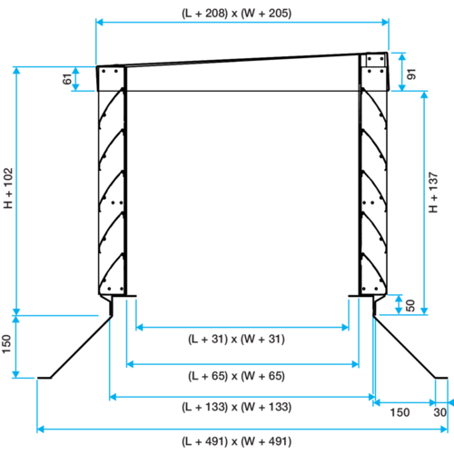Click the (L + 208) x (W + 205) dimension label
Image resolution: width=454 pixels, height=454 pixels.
click(x=236, y=14)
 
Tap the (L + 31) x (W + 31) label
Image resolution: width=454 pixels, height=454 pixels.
click(x=236, y=339)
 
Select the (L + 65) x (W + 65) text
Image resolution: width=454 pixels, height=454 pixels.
click(x=236, y=376)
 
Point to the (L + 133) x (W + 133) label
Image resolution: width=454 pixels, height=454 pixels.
click(x=236, y=407)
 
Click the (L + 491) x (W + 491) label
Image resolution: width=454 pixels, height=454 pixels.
click(x=236, y=441)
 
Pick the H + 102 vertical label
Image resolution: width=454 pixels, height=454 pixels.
click(x=8, y=188)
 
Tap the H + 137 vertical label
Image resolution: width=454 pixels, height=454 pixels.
click(x=433, y=192)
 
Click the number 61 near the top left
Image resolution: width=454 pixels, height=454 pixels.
click(x=67, y=79)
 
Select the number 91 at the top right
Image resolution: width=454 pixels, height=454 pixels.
click(x=411, y=74)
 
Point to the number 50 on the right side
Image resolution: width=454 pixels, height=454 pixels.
click(x=410, y=305)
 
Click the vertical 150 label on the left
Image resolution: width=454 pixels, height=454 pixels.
click(x=6, y=344)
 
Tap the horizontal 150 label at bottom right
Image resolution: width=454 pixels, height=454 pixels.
click(x=400, y=412)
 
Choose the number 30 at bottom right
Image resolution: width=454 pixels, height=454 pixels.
click(x=439, y=412)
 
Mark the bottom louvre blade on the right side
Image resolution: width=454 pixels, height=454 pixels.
click(x=375, y=270)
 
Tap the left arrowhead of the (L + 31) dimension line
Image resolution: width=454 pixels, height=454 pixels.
click(x=139, y=327)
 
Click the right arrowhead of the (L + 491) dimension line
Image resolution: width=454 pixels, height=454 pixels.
click(x=444, y=429)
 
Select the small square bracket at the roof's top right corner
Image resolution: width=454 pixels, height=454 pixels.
click(x=375, y=60)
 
